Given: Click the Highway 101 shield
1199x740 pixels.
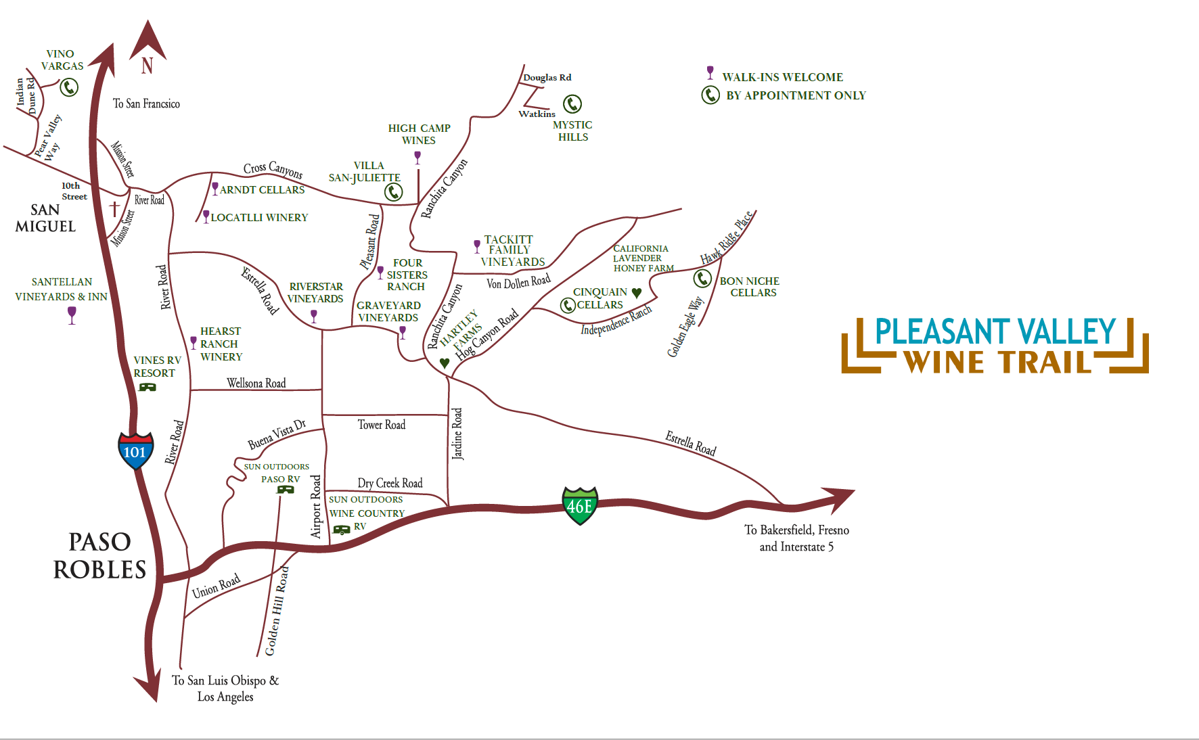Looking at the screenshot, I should (x=135, y=451).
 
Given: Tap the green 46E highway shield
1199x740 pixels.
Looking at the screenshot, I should (x=580, y=506).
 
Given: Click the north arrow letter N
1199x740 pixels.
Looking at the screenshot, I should (x=148, y=66).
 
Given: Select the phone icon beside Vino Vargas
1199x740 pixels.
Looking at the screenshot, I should (x=69, y=87).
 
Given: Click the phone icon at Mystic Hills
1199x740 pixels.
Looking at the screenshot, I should (x=572, y=103).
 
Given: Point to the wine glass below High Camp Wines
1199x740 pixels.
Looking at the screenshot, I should (x=417, y=157).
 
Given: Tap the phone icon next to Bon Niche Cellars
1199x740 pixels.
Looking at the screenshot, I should (x=703, y=278).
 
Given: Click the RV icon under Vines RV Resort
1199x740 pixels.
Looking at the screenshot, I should (x=147, y=387).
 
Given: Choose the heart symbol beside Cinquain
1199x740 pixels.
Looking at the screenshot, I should (x=636, y=293).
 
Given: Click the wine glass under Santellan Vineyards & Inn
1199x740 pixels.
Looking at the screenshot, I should (x=72, y=315).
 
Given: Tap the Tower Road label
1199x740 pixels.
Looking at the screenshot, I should (x=382, y=425).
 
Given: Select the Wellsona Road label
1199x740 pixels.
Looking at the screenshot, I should (x=256, y=384).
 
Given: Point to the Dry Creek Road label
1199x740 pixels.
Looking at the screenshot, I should (x=390, y=483).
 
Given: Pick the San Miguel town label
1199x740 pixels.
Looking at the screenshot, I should (x=45, y=218).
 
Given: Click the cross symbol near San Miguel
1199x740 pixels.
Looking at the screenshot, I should (x=115, y=208).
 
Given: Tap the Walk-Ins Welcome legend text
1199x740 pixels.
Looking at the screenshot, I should (x=782, y=77).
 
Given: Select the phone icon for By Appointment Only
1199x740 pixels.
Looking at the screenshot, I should (x=710, y=95).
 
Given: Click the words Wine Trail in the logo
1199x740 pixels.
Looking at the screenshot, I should (x=998, y=363).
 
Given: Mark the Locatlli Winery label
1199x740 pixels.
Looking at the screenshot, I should (x=259, y=218).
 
